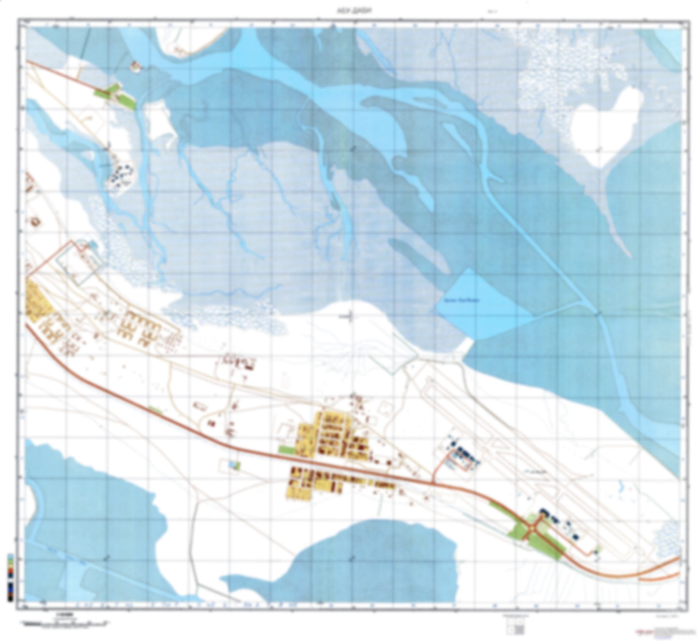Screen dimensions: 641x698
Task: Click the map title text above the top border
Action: pos(348,14)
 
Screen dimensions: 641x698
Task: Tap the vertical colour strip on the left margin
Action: pos(10,577)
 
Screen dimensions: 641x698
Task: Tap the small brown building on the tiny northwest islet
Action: pos(135,65)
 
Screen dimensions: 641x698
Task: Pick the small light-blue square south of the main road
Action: pos(234,464)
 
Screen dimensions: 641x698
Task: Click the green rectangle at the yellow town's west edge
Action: pos(286,450)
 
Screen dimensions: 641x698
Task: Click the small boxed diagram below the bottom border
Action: pos(515,628)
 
